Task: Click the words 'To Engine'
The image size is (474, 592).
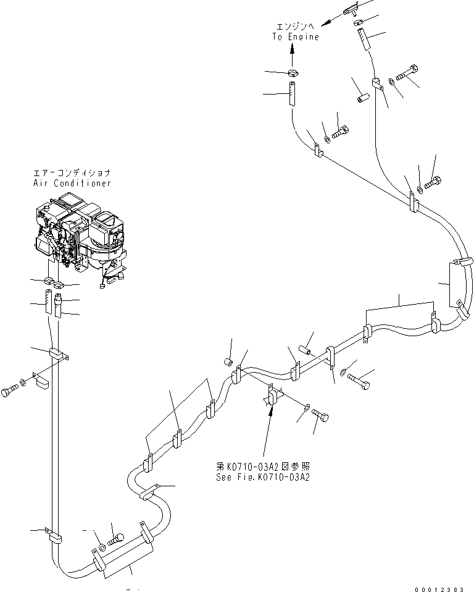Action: (x=296, y=37)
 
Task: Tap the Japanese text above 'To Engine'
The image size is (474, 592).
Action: (x=296, y=27)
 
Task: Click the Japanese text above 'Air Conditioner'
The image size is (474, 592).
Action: (x=73, y=174)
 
